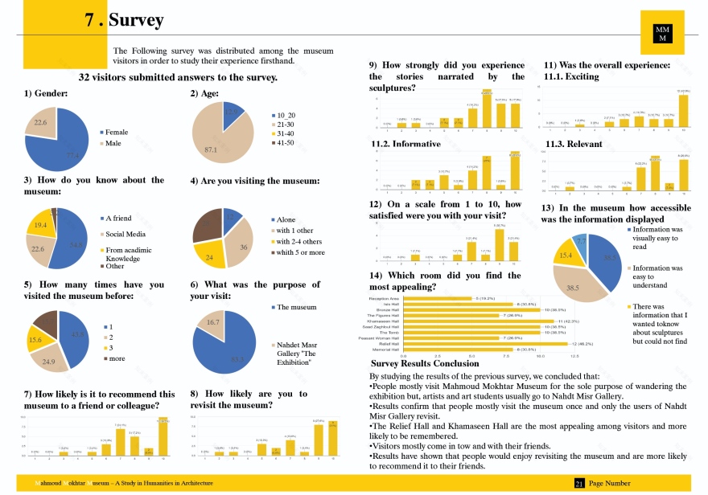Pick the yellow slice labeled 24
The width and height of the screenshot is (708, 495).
pos(211,255)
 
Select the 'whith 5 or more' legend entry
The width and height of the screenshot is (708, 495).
pos(299,252)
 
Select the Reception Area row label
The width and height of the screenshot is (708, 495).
pos(383,298)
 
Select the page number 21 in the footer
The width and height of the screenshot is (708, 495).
pos(578,484)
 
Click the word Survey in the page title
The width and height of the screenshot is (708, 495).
pos(136,20)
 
